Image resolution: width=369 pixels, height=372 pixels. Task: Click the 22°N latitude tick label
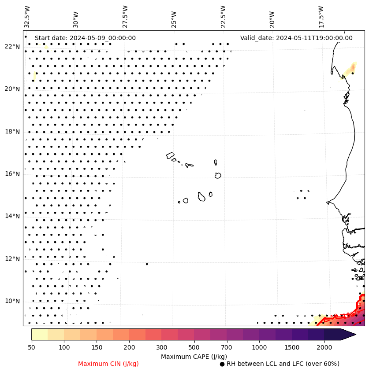(12, 47)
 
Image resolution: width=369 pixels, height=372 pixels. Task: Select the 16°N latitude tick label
(12, 174)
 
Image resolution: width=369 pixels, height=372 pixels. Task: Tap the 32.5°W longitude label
(27, 16)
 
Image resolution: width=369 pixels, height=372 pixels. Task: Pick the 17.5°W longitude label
(321, 16)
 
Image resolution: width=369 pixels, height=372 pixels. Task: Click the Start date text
(85, 38)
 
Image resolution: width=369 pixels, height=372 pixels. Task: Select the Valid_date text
(296, 38)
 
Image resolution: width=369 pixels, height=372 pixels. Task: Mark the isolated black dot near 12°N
(147, 264)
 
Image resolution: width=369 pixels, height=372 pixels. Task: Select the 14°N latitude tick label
(12, 216)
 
